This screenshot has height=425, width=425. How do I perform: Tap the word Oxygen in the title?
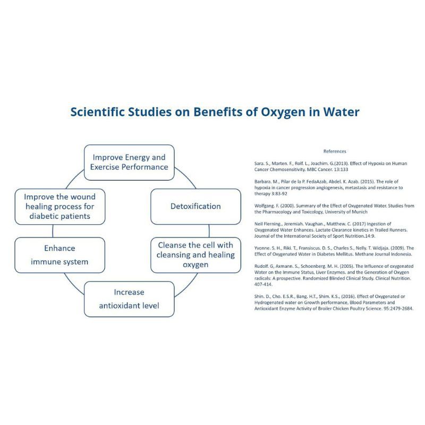point(298,112)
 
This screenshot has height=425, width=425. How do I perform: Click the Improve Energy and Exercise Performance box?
point(129,162)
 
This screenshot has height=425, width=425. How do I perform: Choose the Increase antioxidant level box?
point(129,299)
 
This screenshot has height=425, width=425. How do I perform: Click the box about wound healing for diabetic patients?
point(52,206)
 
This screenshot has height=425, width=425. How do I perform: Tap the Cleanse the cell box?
point(195,254)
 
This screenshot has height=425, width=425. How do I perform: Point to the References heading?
point(335,151)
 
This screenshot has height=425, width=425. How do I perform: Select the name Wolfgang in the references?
point(266,205)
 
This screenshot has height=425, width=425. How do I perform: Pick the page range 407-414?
point(264,284)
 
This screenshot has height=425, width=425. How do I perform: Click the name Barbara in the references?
point(265,182)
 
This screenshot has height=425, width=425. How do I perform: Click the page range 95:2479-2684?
point(391,308)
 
